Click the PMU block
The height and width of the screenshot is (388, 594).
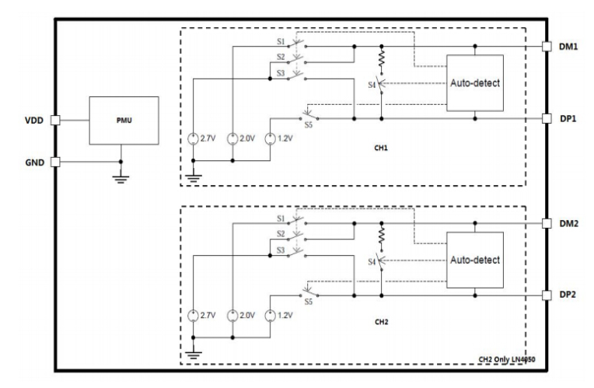point(124,121)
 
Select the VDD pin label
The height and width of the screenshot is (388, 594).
point(34,121)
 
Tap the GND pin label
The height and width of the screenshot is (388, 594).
point(35,163)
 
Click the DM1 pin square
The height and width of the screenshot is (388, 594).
point(547,46)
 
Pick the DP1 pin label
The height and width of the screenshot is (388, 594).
point(568,119)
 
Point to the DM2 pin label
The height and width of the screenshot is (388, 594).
point(568,224)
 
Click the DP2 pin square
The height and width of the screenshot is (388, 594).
point(547,295)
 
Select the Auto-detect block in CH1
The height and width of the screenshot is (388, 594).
point(475,83)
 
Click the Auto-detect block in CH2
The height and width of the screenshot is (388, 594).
point(475,260)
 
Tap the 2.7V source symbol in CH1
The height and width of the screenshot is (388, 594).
point(193,138)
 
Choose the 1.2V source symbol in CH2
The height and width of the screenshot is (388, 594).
point(270,315)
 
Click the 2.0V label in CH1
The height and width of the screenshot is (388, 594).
point(247,138)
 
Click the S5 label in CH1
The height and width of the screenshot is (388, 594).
point(309,125)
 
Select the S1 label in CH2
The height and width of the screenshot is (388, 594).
point(281,218)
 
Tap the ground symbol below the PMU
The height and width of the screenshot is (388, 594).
point(121,179)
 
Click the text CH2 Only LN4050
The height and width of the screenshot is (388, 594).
point(507,359)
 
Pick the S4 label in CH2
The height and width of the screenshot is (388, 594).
point(372,262)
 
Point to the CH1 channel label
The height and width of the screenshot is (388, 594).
point(381,148)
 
